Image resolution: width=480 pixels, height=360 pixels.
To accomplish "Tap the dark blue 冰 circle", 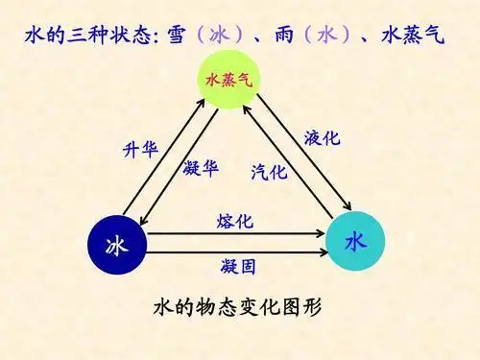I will (x=116, y=244).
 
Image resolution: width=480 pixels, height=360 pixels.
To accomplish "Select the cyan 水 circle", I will (x=355, y=241).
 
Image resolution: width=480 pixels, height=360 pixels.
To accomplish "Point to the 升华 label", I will (x=140, y=151).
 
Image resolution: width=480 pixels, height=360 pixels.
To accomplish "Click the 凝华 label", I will (x=200, y=168).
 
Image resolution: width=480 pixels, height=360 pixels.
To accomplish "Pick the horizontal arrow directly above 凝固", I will (x=235, y=251).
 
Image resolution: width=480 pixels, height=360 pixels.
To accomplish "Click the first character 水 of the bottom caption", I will (x=164, y=308).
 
